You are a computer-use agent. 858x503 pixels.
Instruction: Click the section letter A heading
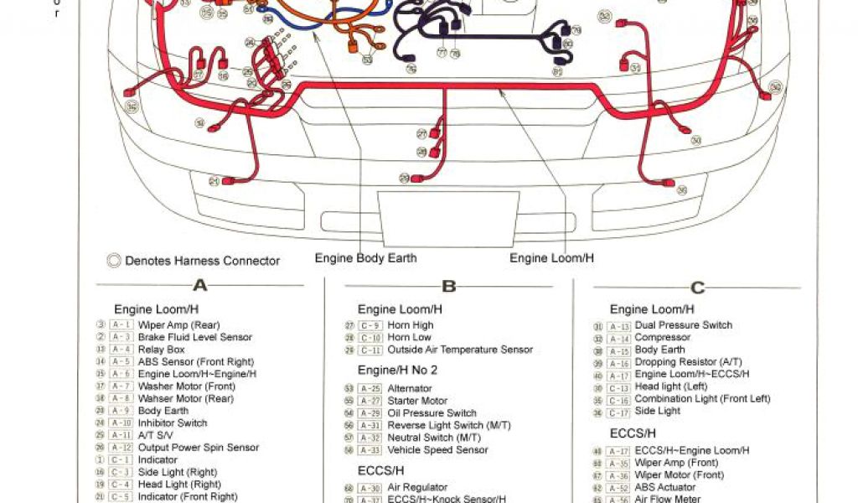(x=199, y=286)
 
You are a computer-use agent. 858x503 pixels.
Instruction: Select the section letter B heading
(x=448, y=287)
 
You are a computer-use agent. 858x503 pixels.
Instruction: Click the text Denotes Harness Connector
(x=202, y=261)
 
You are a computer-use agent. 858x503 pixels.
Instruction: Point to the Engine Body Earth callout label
(x=365, y=258)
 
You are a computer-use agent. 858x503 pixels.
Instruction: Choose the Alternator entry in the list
(x=410, y=388)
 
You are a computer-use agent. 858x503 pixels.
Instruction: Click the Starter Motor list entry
(x=417, y=401)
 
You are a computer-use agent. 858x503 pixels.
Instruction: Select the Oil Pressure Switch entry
(x=432, y=413)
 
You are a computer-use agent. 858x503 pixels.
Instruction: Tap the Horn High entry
(x=411, y=325)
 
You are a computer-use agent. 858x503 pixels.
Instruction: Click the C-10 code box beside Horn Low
(x=370, y=338)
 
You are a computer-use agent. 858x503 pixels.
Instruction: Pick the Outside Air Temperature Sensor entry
(x=460, y=350)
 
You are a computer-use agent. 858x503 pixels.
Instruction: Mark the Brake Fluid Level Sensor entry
(x=195, y=337)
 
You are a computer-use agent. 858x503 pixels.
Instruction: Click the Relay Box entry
(x=162, y=350)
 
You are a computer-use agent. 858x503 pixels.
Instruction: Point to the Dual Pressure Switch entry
(x=684, y=325)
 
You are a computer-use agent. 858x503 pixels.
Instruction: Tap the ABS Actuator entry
(x=665, y=487)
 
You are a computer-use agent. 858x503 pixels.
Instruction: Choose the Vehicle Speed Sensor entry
(x=437, y=450)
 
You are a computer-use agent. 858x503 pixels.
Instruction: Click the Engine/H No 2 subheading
(x=397, y=370)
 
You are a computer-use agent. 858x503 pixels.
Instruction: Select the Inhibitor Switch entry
(x=173, y=423)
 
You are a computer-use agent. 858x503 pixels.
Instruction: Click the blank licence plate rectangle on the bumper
(x=447, y=219)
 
